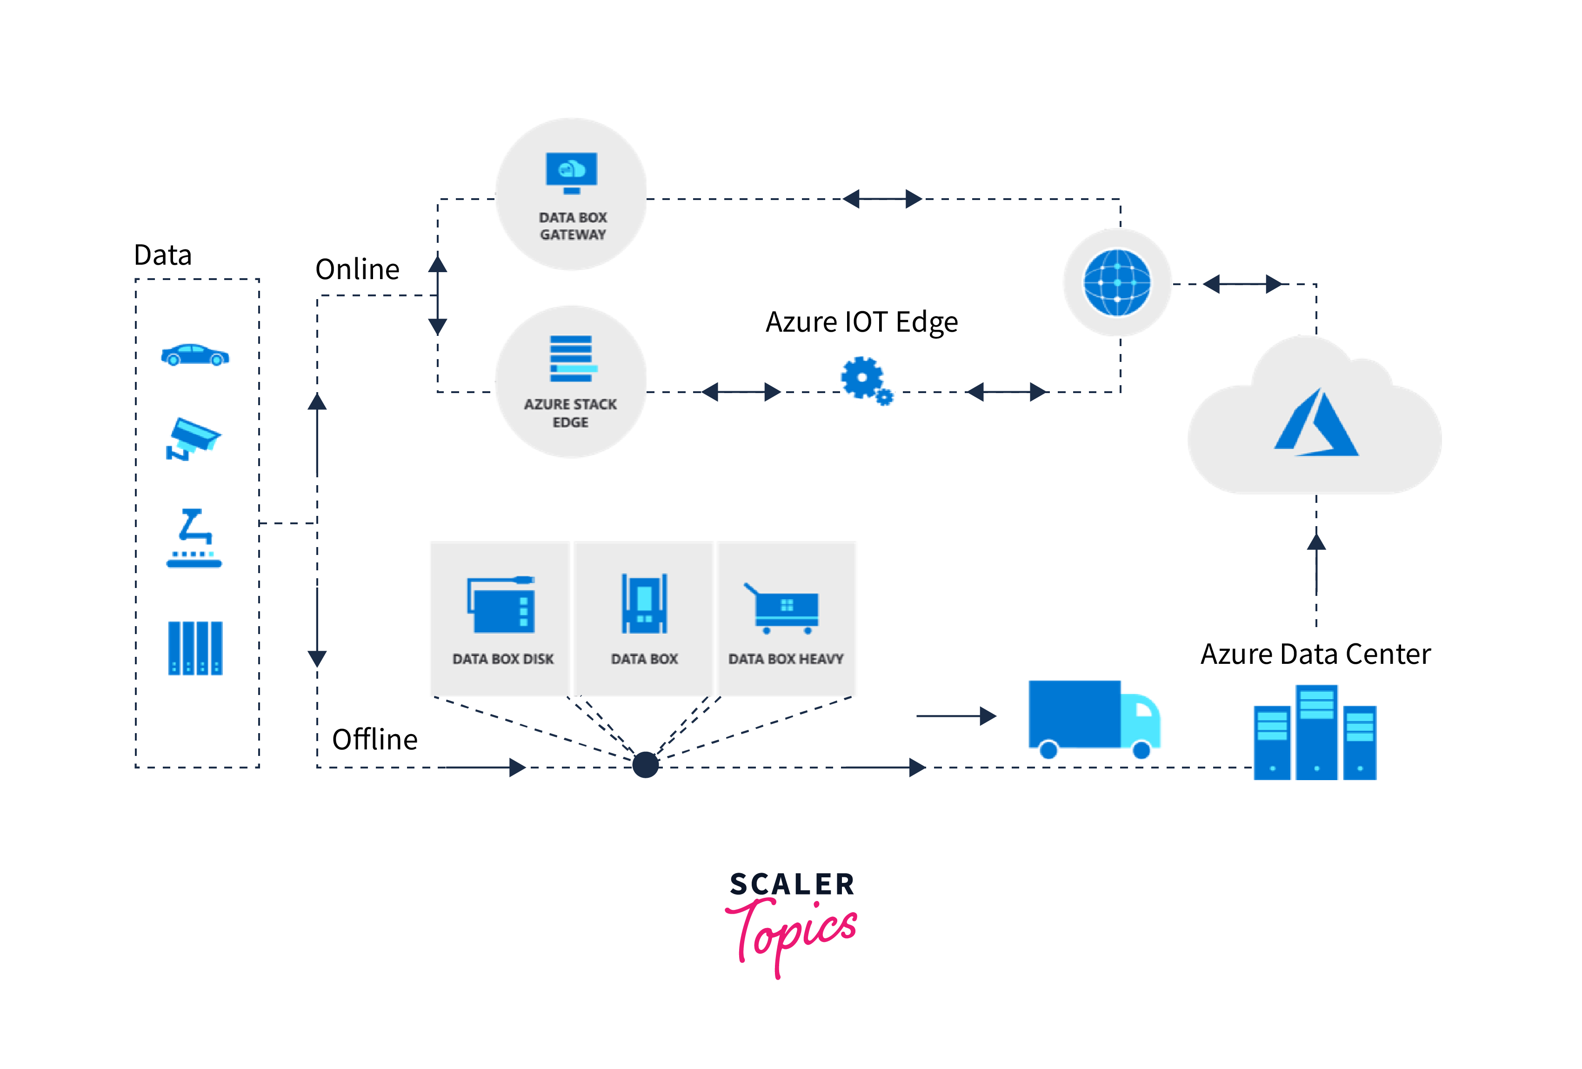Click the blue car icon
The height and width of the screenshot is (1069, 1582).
pos(195,355)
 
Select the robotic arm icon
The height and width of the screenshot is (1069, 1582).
pos(194,538)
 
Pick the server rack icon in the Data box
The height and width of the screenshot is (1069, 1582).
pos(195,648)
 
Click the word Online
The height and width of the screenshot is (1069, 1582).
pos(357,270)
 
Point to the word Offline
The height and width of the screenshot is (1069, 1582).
pos(374,740)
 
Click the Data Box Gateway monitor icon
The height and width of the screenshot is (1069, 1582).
pos(571,172)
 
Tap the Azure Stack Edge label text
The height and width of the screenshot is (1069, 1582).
pos(570,413)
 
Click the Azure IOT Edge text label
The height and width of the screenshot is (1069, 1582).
pos(862,322)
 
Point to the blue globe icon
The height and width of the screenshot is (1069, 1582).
pos(1117,282)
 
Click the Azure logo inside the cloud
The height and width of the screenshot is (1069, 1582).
pos(1315,423)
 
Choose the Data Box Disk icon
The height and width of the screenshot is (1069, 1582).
pos(501,605)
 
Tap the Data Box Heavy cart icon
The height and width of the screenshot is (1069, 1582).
pos(783,608)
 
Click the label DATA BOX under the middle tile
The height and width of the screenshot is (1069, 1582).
pos(644,659)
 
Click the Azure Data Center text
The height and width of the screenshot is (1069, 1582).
pos(1315,655)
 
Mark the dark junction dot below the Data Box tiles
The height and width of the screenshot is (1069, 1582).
pos(645,765)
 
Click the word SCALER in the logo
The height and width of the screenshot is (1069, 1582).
pos(792,884)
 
